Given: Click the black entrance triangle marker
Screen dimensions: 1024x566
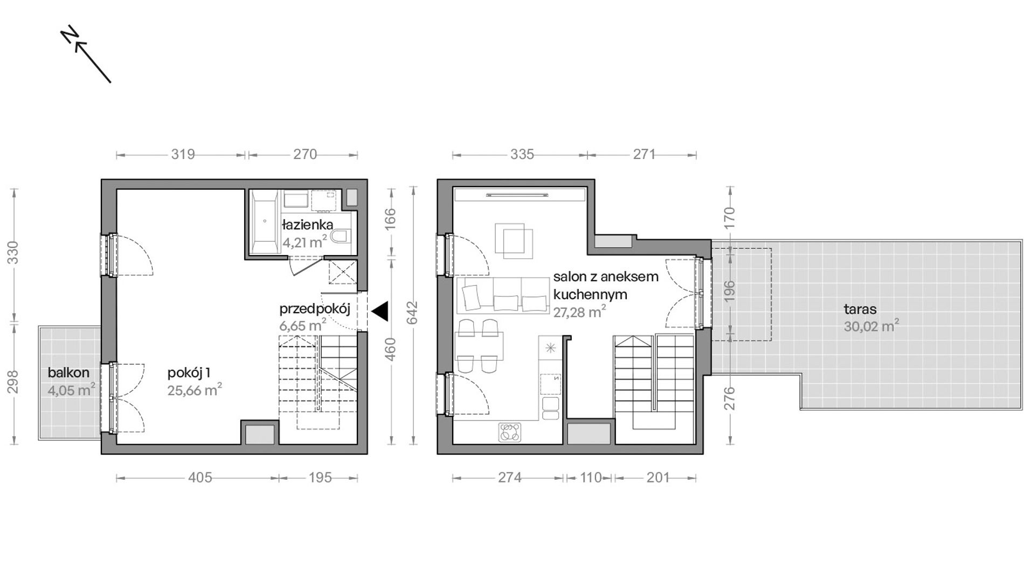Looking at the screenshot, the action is [380, 311].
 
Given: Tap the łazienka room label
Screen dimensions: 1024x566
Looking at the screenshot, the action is [307, 225].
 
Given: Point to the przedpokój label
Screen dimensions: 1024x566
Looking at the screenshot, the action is [315, 309].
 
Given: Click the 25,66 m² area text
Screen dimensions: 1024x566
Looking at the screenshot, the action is [195, 390].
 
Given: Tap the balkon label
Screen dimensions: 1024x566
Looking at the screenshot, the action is [68, 372].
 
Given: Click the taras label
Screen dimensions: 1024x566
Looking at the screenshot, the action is [860, 309].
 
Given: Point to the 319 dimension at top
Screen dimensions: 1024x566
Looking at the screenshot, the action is [183, 154].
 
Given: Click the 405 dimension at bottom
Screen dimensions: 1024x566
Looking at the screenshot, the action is [199, 478].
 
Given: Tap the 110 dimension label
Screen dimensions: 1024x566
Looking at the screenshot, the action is [590, 478].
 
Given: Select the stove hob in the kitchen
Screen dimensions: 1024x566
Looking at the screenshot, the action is [510, 431].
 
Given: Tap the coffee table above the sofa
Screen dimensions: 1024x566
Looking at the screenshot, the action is [514, 239].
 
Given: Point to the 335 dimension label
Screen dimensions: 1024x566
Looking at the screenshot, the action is [522, 154].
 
